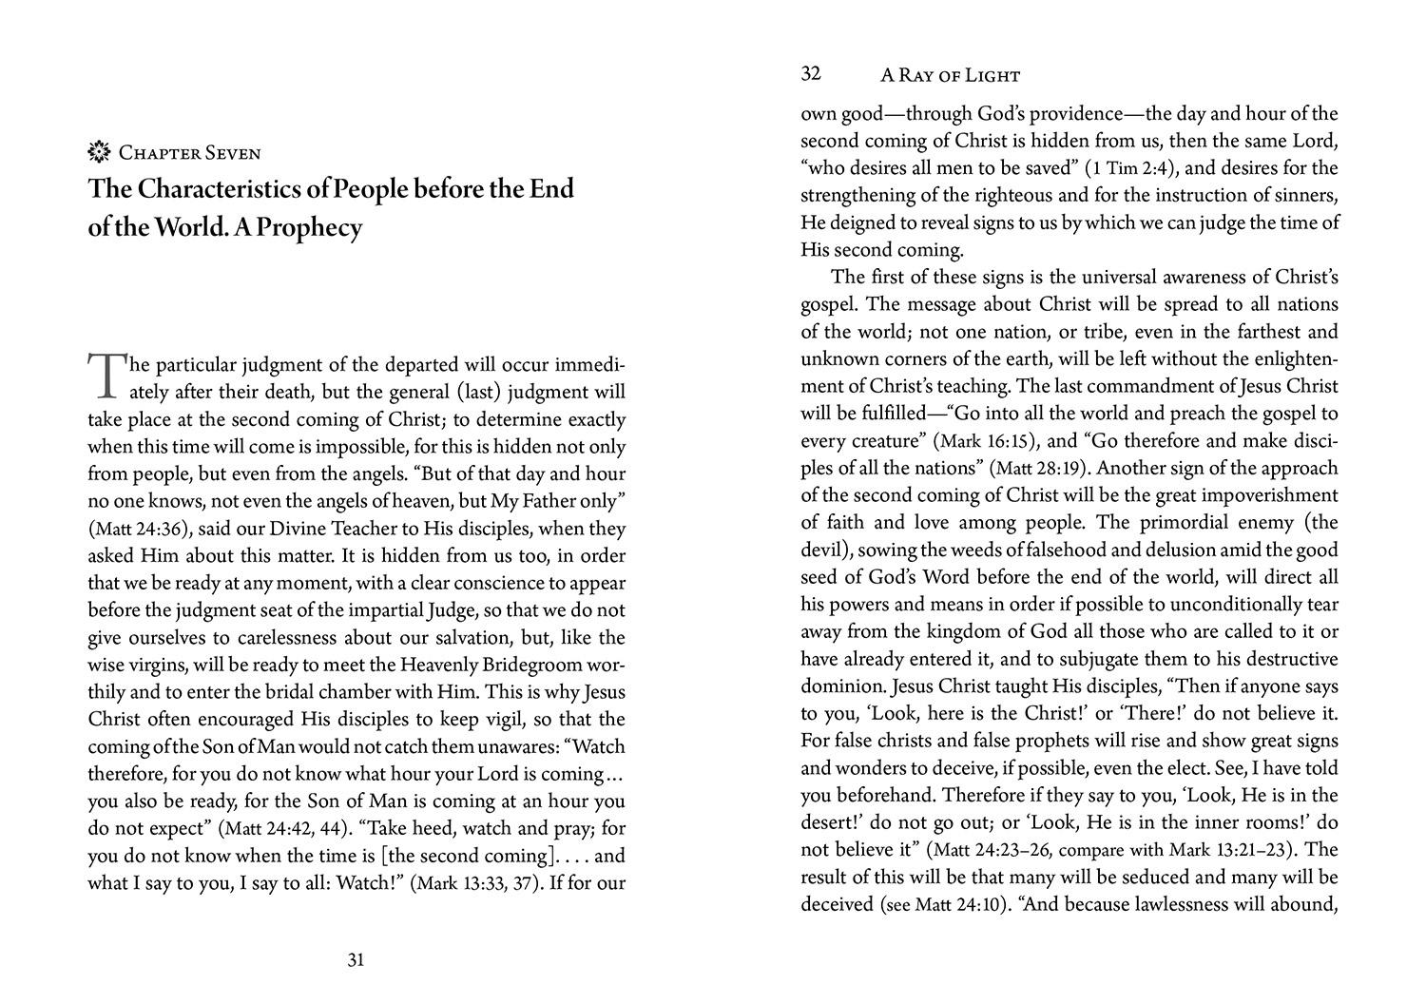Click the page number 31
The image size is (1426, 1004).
pyautogui.click(x=356, y=960)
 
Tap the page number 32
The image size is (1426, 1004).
pyautogui.click(x=811, y=74)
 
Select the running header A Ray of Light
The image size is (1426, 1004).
pyautogui.click(x=950, y=76)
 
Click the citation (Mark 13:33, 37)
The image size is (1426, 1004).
pyautogui.click(x=475, y=883)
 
